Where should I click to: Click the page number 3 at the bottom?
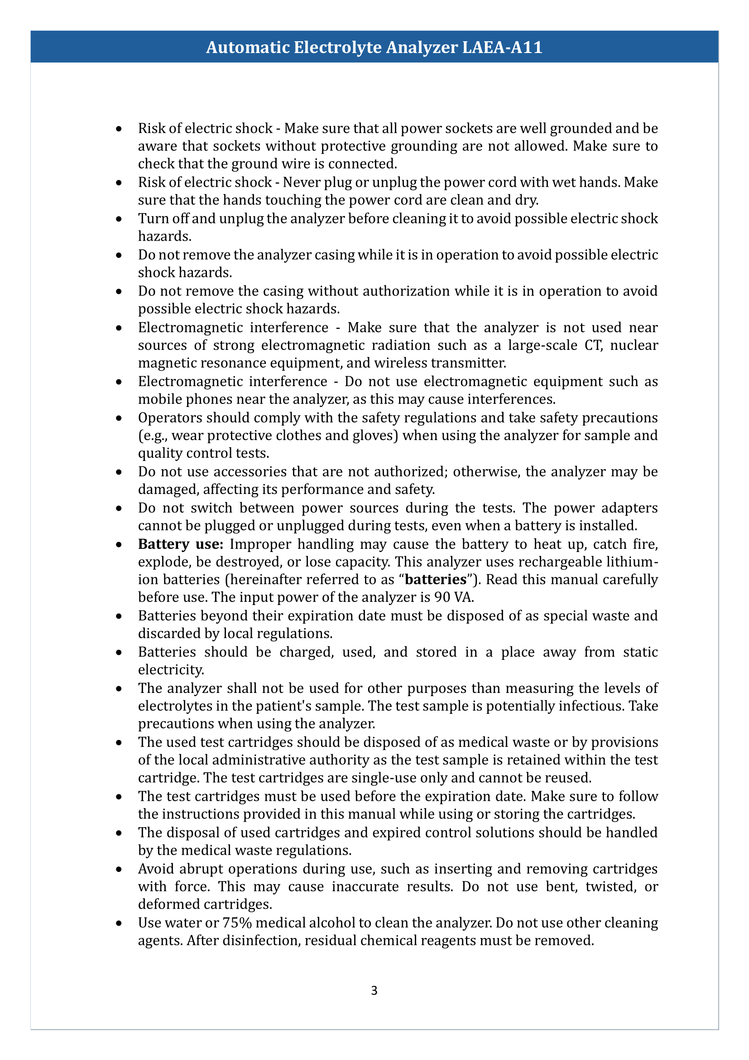click(x=374, y=990)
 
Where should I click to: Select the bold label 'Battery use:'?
click(x=180, y=544)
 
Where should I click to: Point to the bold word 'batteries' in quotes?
click(x=435, y=580)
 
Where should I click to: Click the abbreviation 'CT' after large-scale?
click(x=593, y=345)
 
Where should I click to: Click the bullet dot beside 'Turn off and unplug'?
click(x=119, y=219)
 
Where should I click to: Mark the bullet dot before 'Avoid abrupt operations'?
click(x=119, y=869)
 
